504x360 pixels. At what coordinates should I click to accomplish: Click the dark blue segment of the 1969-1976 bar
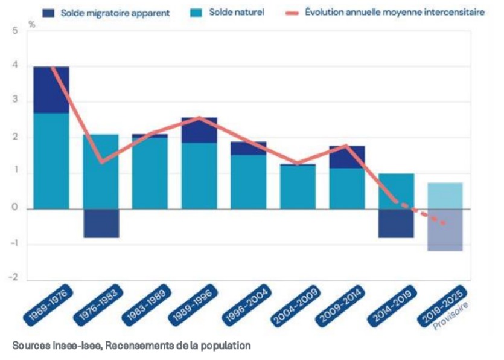[x=51, y=89]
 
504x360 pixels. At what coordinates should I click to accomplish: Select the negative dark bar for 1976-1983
[x=101, y=223]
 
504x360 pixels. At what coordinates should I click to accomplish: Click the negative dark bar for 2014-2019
[x=396, y=223]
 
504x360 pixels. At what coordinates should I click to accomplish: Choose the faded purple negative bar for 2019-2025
[x=445, y=230]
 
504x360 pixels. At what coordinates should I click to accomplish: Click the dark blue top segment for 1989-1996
[x=200, y=130]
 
